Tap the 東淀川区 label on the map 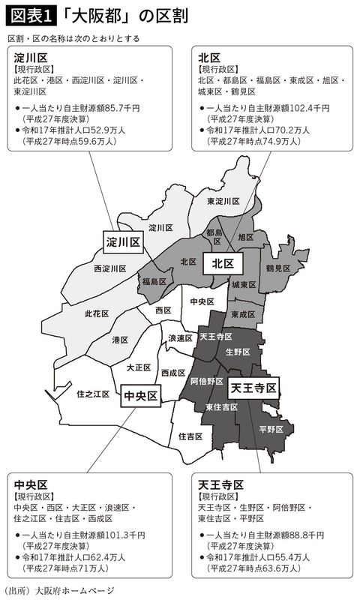coord(223,201)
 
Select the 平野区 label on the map coord(270,429)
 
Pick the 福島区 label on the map coord(154,282)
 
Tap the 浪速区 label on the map coord(181,337)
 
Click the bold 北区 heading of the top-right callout coord(209,56)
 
